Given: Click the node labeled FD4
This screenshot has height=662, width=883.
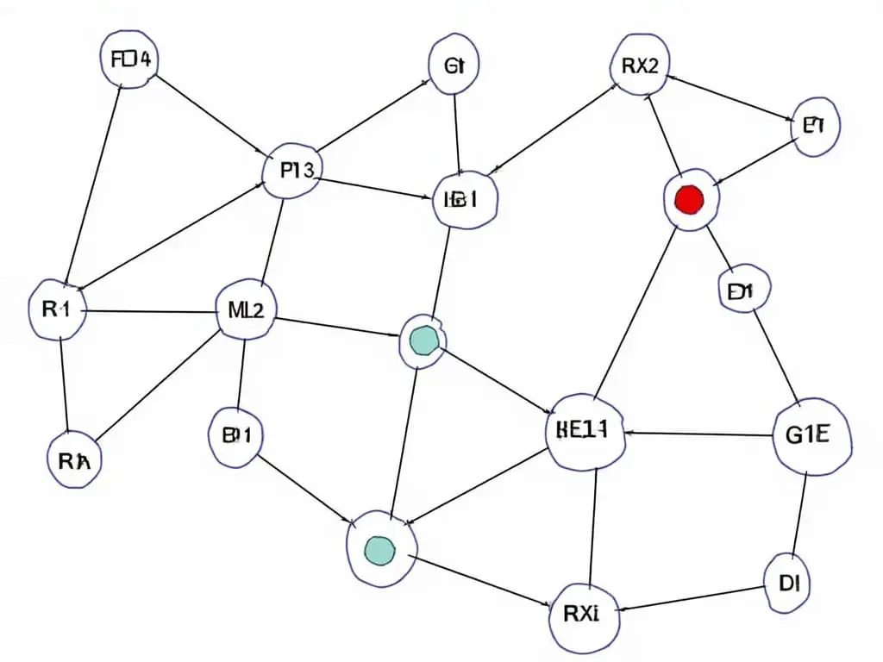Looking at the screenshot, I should tap(129, 59).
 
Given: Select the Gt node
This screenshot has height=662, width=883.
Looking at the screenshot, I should tap(454, 65).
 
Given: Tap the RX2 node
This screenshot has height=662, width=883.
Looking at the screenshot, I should tap(639, 66).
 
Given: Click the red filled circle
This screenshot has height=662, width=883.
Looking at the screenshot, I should tap(689, 200).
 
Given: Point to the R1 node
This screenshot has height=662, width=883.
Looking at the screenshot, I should tap(58, 309).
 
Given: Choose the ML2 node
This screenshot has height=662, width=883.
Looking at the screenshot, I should tap(245, 310).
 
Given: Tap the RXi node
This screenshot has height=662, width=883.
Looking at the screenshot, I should tap(583, 614).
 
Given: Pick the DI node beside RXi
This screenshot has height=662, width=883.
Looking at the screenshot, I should tap(788, 584).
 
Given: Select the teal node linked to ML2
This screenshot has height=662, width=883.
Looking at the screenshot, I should tap(424, 340).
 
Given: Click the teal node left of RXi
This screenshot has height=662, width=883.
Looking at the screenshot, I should tap(380, 549).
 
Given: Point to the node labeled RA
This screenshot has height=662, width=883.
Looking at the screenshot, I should tap(74, 460).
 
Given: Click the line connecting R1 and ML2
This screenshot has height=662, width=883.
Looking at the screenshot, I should tap(151, 310).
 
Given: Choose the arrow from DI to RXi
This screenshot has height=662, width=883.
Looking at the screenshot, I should tap(694, 596).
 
